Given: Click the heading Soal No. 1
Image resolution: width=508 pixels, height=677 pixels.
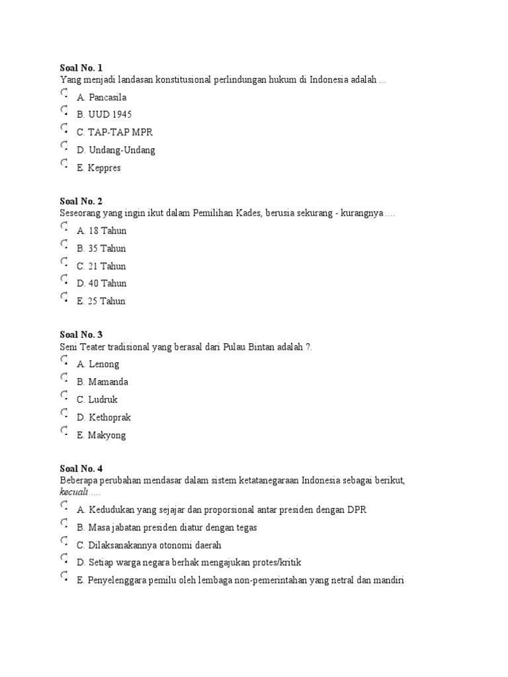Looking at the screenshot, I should click(81, 68).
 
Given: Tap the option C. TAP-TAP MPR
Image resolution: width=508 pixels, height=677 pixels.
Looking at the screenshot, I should click(114, 132).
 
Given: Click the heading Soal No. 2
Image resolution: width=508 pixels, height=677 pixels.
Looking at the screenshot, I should click(81, 201).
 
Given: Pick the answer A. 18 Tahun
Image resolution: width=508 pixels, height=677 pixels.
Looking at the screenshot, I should click(101, 231).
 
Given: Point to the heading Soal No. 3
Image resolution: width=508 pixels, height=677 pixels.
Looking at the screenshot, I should click(81, 335).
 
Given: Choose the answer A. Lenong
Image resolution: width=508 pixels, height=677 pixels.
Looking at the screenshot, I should click(98, 364).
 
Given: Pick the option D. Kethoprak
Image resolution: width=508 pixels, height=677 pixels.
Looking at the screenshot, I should click(104, 417).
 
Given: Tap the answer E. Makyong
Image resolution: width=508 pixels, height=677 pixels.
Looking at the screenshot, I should click(101, 435).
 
